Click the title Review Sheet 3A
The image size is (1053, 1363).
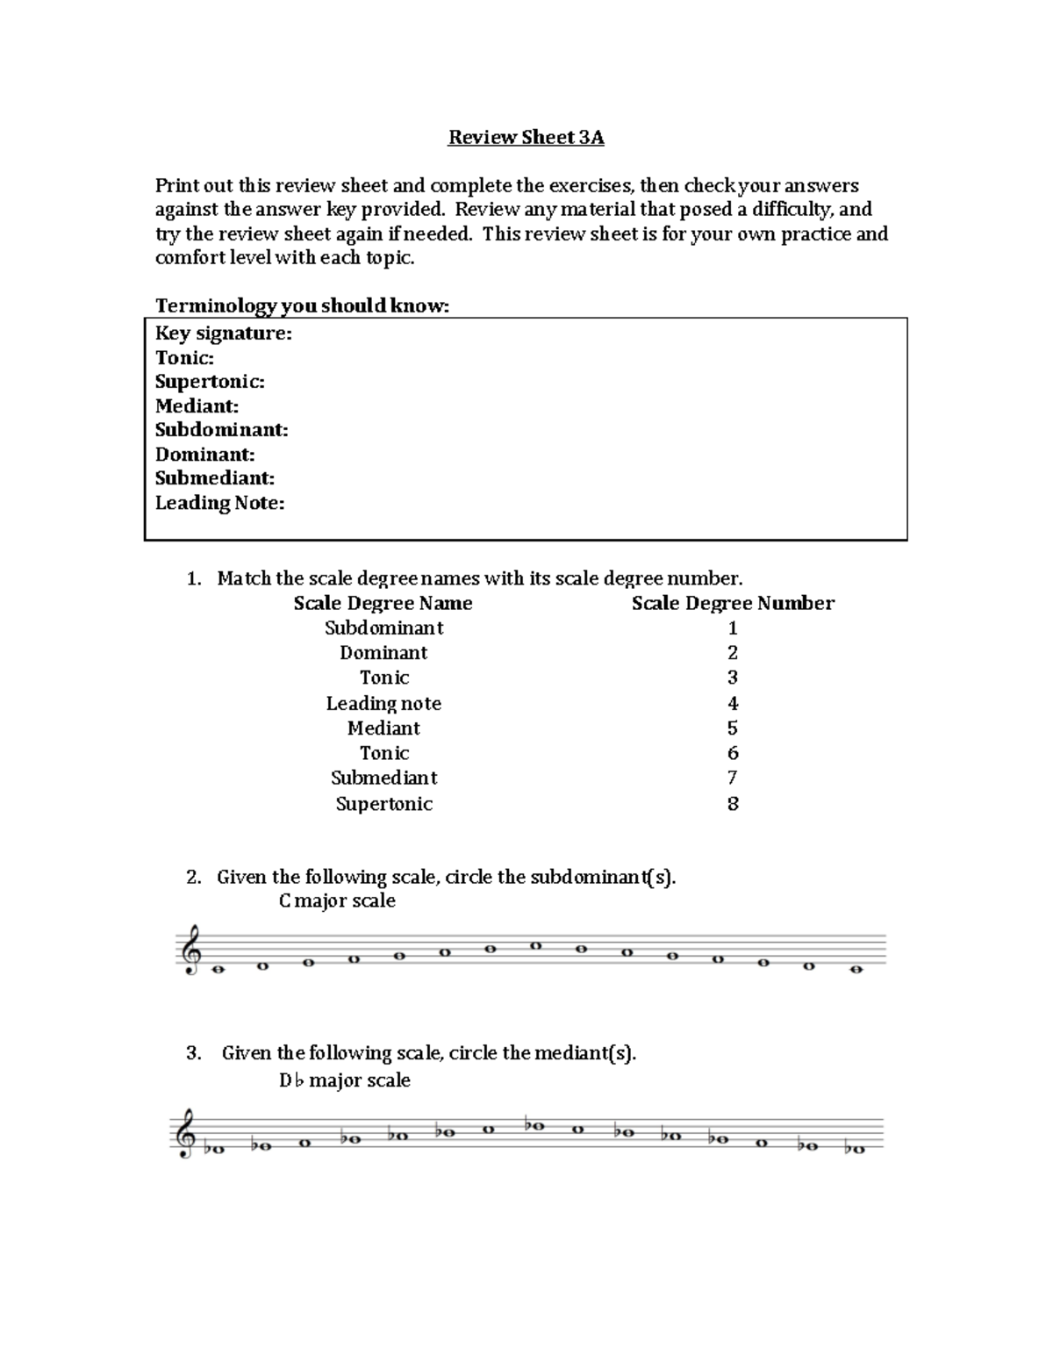click(526, 138)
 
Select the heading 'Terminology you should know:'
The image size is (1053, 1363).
click(302, 305)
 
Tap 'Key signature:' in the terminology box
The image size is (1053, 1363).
click(223, 334)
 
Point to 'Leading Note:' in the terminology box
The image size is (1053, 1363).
click(219, 503)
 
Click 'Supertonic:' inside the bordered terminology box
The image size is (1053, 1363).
click(210, 382)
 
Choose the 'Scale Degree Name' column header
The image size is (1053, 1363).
click(383, 603)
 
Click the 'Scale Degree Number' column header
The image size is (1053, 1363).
click(733, 603)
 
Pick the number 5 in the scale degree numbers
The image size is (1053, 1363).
click(733, 728)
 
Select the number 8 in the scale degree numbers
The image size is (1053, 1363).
click(733, 804)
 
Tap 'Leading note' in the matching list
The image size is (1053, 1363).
click(383, 704)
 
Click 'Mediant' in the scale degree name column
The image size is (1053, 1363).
click(383, 728)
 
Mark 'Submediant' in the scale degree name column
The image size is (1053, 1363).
click(383, 778)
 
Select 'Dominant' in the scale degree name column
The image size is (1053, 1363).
click(383, 653)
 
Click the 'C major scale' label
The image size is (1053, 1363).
click(337, 901)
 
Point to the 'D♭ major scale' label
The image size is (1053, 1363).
click(344, 1080)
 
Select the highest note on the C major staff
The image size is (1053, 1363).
click(536, 945)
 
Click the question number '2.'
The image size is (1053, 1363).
click(194, 878)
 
